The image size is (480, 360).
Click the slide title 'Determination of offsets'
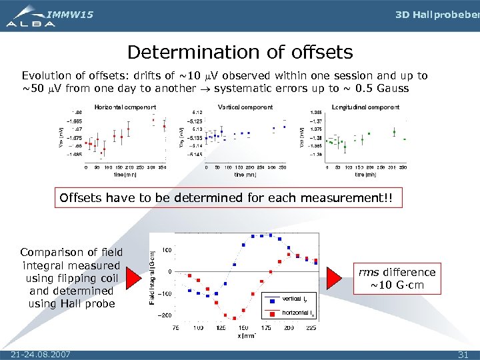point(240,52)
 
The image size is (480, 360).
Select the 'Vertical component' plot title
point(245,107)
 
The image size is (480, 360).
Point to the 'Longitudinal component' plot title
point(365,107)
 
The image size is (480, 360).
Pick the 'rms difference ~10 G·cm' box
point(397,279)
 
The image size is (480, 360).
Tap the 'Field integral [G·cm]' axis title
point(153,278)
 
